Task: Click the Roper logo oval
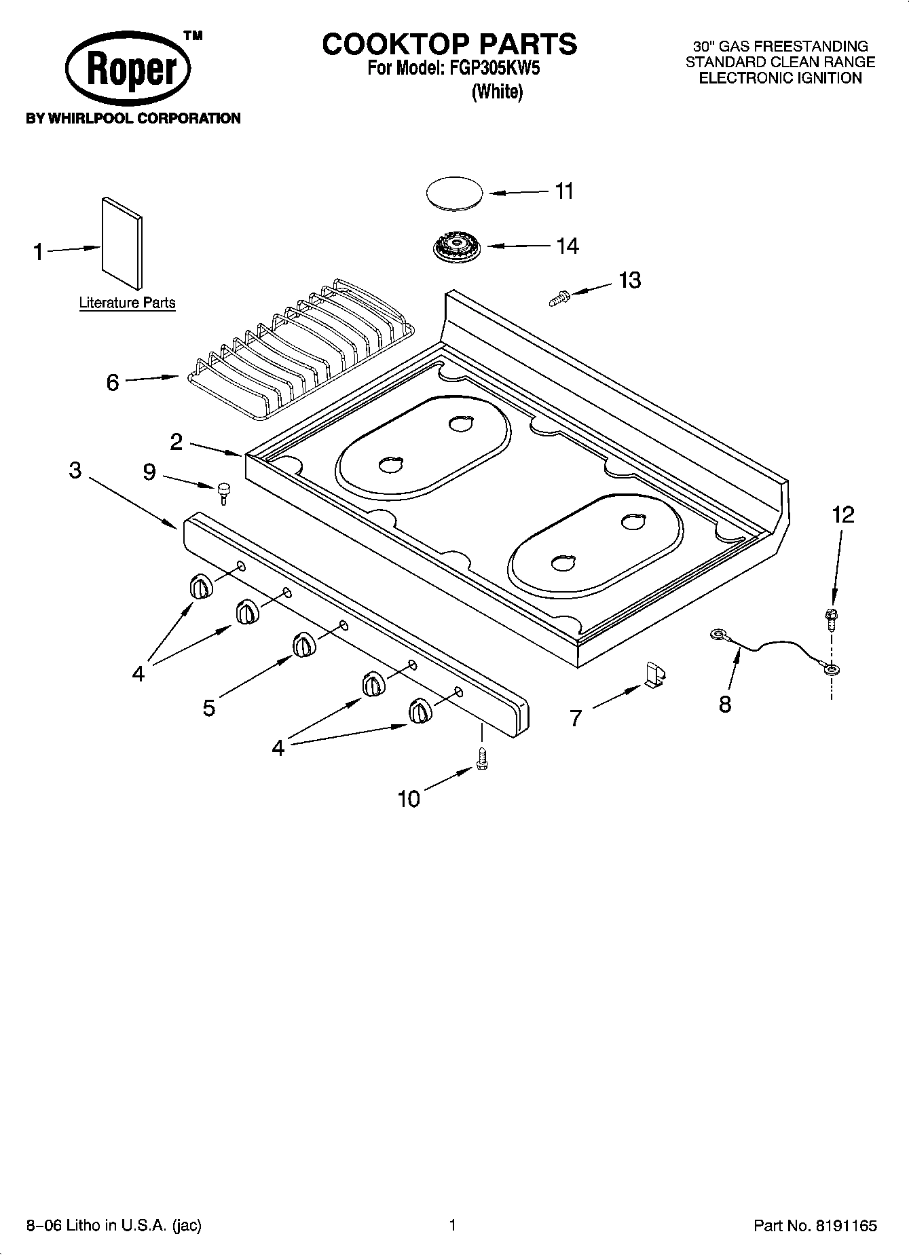tap(128, 69)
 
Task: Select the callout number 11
tap(564, 191)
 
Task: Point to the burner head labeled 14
tap(454, 246)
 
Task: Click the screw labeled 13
tap(558, 297)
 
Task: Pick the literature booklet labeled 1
tap(122, 242)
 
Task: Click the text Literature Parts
tap(127, 303)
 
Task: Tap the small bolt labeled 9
tap(223, 491)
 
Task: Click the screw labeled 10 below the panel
tap(482, 757)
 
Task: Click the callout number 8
tap(725, 704)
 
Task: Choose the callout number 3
tap(75, 470)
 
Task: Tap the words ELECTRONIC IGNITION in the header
tap(780, 78)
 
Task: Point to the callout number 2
tap(176, 442)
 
